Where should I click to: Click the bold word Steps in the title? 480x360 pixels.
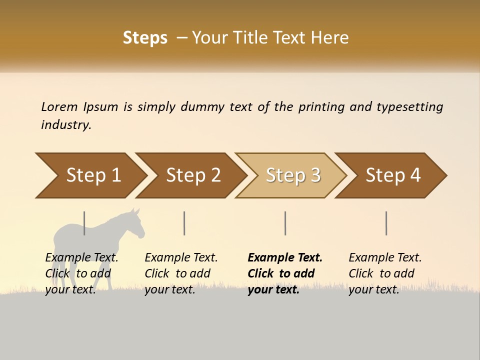coord(145,38)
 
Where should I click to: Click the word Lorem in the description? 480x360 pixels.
coord(59,107)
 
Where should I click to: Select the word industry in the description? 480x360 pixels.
coord(66,125)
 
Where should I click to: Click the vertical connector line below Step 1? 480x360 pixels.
coord(84,223)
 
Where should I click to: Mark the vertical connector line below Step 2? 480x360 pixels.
coord(184,223)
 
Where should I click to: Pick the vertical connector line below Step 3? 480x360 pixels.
coord(285,223)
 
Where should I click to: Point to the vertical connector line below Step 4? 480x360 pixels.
coord(386,223)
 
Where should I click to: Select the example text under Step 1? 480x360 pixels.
coord(81,273)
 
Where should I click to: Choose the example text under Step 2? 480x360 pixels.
coord(181,273)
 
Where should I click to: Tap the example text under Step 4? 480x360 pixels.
coord(385,273)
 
